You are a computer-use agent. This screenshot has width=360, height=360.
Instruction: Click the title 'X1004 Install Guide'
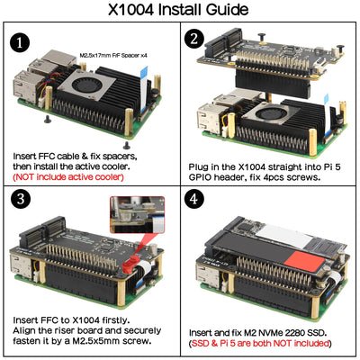coord(179,12)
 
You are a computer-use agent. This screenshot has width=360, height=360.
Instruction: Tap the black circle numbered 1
coord(22,44)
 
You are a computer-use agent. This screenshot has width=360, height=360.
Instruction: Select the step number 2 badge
coord(194,39)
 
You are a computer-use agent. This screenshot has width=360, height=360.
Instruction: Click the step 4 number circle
coord(195,200)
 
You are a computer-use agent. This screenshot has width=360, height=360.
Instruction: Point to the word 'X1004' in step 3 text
coord(87,319)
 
